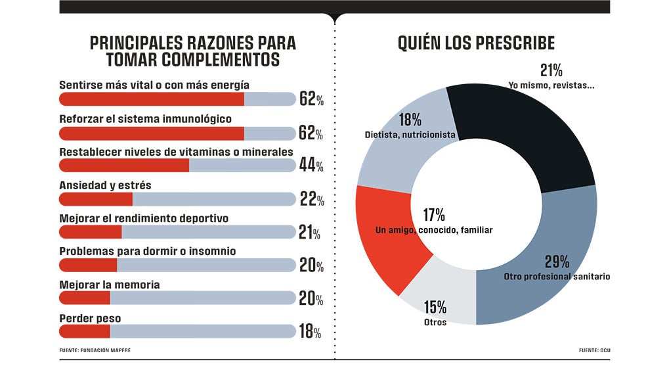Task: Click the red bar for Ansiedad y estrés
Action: [96, 199]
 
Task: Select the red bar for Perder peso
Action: [84, 331]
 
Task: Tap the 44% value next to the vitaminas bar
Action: [311, 166]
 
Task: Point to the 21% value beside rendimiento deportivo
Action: [309, 232]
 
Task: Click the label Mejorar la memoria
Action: [110, 285]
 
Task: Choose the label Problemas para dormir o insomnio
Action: [148, 251]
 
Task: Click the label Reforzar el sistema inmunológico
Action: [145, 119]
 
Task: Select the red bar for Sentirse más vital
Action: [152, 99]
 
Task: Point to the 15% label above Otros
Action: [435, 307]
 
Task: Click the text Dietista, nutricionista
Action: [410, 135]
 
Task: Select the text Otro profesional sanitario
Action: [557, 277]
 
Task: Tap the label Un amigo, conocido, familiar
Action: [434, 230]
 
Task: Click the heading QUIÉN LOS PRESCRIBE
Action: [476, 43]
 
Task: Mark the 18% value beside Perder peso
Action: [310, 331]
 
